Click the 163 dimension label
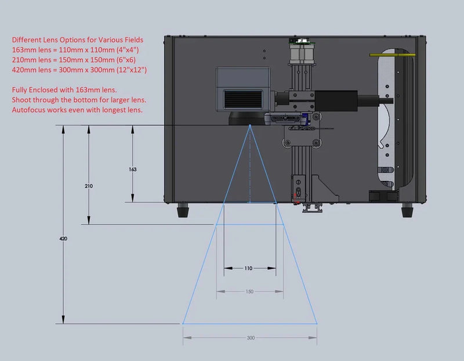pos(133,169)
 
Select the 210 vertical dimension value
pos(89,186)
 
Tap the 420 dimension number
pos(62,239)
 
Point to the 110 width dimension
pos(248,269)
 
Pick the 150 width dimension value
pos(249,291)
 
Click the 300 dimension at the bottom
pos(250,337)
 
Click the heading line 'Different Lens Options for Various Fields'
pos(77,40)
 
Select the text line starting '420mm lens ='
pos(79,70)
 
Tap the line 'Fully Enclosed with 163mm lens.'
pos(64,89)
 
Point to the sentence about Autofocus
pos(77,109)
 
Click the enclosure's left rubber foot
pos(184,210)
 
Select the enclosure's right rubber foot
pos(408,210)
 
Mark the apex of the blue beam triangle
pos(249,125)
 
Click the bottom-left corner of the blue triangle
pos(183,323)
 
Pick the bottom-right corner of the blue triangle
pos(317,323)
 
